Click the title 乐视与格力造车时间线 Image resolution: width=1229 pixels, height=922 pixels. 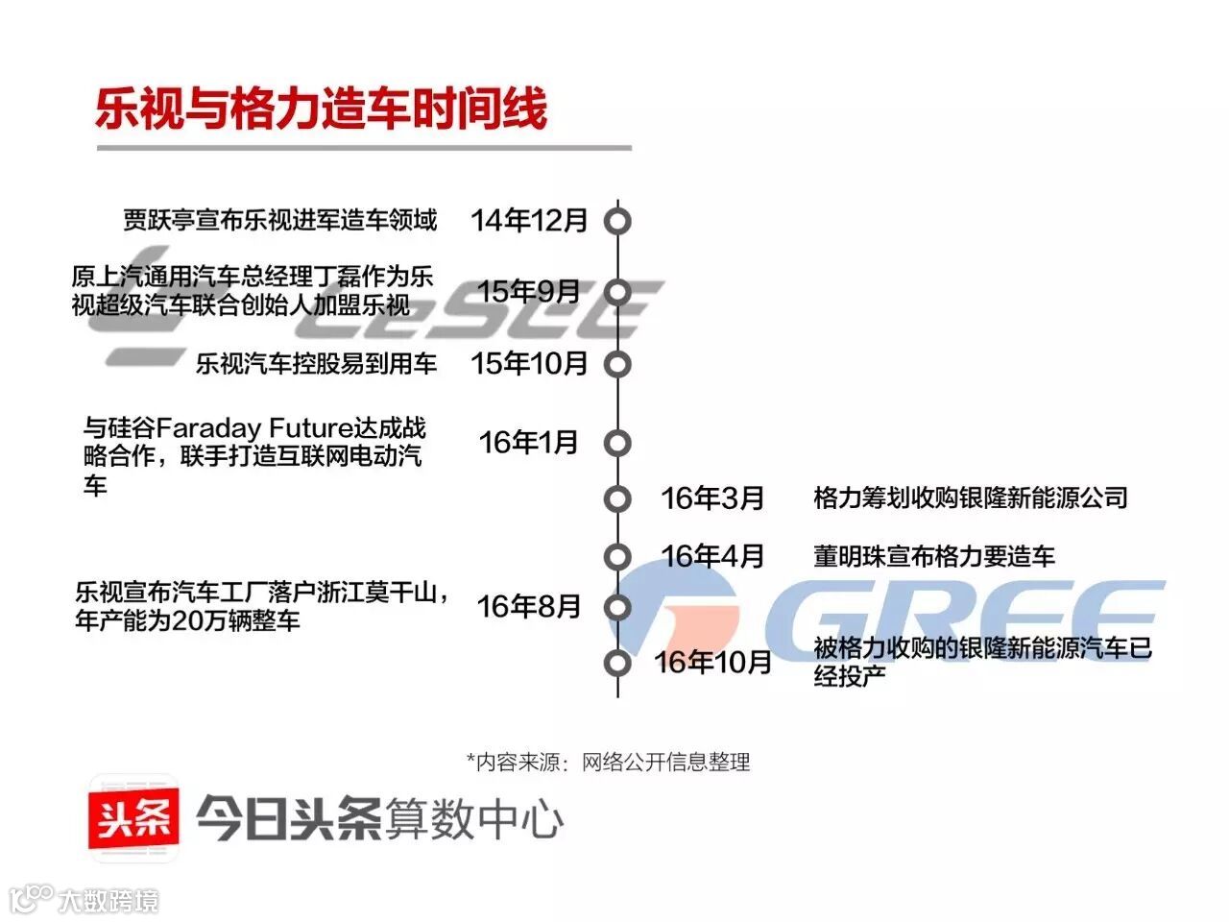(x=322, y=108)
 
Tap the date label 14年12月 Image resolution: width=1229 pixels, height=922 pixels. (x=529, y=221)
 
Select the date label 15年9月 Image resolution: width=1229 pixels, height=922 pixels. (x=529, y=290)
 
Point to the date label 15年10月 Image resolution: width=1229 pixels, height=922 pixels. (x=529, y=364)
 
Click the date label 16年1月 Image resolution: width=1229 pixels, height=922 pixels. (x=529, y=442)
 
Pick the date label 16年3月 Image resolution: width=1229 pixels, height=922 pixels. (x=712, y=498)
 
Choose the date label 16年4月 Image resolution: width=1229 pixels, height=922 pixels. (x=712, y=556)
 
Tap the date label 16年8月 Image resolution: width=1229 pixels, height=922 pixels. (x=529, y=606)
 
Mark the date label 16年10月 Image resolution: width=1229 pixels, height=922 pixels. (x=712, y=662)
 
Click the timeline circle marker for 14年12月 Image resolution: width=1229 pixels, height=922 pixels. (x=617, y=222)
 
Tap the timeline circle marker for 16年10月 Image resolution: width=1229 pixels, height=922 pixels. (x=617, y=663)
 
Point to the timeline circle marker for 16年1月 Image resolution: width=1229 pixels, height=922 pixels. (x=617, y=443)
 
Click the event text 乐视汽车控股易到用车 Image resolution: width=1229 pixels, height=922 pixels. (x=317, y=364)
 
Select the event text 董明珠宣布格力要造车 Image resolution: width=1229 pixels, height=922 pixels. (x=933, y=556)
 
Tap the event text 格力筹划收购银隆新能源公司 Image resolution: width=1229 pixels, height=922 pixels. (x=970, y=498)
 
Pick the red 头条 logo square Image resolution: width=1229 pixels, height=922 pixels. (x=133, y=819)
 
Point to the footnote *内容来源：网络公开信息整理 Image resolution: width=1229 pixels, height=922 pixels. (x=608, y=763)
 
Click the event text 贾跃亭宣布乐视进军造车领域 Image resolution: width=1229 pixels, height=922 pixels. (x=280, y=221)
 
